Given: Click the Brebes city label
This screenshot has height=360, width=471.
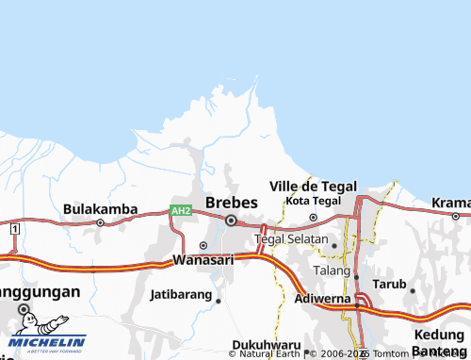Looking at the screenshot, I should (x=231, y=202).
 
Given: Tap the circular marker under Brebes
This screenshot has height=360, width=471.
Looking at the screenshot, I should (x=231, y=221).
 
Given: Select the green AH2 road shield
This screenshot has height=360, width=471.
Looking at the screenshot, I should (x=181, y=210).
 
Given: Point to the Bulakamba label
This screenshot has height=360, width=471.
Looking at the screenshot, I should (x=101, y=208).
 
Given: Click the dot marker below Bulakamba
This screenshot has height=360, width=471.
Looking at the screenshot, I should (x=101, y=223).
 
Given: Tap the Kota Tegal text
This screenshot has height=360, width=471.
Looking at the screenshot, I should (x=312, y=201).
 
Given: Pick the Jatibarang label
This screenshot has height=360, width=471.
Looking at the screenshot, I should (x=181, y=294).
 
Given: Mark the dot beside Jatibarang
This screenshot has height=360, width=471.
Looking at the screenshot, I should (x=218, y=302).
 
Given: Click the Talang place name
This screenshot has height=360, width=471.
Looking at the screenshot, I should (x=332, y=269).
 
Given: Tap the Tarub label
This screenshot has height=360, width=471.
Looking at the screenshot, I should (x=389, y=283).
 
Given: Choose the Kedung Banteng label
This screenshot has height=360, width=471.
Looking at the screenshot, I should (x=438, y=345).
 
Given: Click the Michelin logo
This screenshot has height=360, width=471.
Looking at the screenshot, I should (x=44, y=344).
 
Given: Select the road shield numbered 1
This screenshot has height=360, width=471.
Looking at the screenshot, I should (x=15, y=229).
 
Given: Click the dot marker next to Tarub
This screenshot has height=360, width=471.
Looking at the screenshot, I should (x=413, y=290).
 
